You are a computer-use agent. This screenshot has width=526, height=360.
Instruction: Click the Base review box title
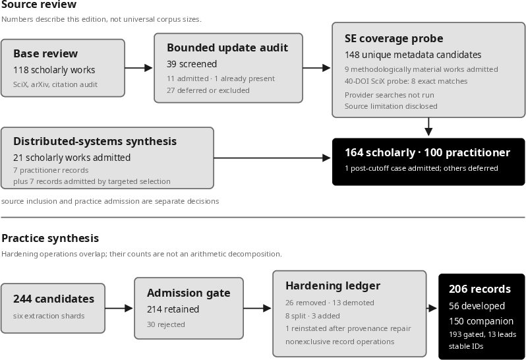pyautogui.click(x=45, y=53)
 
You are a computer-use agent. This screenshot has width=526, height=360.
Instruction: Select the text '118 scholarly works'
pyautogui.click(x=54, y=70)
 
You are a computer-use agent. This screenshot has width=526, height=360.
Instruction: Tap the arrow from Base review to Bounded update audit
pyautogui.click(x=138, y=68)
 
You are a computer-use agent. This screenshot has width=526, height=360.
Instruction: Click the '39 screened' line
pyautogui.click(x=192, y=64)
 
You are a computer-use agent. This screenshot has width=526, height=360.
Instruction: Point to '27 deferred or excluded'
pyautogui.click(x=208, y=90)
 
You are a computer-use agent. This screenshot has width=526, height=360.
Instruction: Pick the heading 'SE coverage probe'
pyautogui.click(x=394, y=39)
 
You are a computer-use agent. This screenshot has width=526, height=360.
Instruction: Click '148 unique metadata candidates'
pyautogui.click(x=413, y=55)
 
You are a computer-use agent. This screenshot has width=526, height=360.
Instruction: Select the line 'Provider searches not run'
pyautogui.click(x=390, y=95)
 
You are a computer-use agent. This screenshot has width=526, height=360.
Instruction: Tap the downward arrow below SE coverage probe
pyautogui.click(x=428, y=127)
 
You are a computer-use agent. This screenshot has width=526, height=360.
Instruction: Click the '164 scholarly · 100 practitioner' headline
pyautogui.click(x=427, y=153)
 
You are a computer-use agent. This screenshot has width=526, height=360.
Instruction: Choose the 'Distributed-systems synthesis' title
pyautogui.click(x=95, y=141)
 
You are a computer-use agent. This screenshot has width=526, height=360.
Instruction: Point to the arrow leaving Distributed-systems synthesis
pyautogui.click(x=272, y=158)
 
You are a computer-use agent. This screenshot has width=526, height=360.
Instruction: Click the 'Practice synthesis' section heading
pyautogui.click(x=50, y=238)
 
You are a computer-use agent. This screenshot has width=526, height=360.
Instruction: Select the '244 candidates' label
pyautogui.click(x=53, y=299)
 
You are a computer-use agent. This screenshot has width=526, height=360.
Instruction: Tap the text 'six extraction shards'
pyautogui.click(x=49, y=316)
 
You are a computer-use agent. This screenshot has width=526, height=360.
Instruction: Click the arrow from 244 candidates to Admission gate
pyautogui.click(x=119, y=308)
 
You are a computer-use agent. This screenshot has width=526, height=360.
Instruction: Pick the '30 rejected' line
pyautogui.click(x=166, y=324)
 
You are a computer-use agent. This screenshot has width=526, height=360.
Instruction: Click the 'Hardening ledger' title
pyautogui.click(x=333, y=286)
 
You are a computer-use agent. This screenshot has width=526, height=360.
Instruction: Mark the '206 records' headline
pyautogui.click(x=480, y=289)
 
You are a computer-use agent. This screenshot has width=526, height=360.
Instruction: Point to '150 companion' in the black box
pyautogui.click(x=481, y=321)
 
